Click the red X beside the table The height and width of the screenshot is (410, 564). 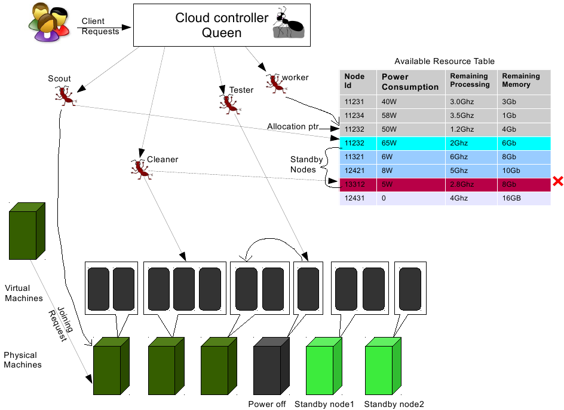tap(558, 181)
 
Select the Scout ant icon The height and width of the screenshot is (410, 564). tap(65, 96)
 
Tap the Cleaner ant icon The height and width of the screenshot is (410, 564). tap(141, 169)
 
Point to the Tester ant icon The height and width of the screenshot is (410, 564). tap(229, 104)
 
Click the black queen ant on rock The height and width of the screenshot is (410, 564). tap(289, 23)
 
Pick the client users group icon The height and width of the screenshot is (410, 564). tap(49, 22)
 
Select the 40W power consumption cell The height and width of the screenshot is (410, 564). tap(410, 102)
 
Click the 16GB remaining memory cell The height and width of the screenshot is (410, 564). tap(524, 198)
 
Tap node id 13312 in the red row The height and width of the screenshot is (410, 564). tap(355, 184)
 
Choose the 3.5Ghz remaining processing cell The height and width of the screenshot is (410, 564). tap(471, 116)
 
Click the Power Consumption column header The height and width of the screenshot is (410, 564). tap(410, 82)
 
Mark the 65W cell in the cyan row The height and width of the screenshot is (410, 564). tap(410, 143)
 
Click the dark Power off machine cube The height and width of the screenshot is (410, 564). tap(271, 366)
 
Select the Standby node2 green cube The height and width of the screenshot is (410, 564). tap(383, 366)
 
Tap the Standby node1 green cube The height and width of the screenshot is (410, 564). tap(324, 366)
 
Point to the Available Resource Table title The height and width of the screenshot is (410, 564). tap(445, 61)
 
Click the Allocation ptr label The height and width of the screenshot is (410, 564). tap(293, 126)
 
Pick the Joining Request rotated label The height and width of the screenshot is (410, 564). tap(61, 324)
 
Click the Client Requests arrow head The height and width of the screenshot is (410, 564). tap(126, 28)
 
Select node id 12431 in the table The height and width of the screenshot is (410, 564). tap(355, 198)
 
